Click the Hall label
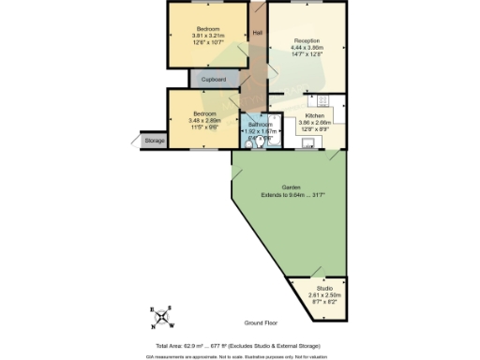click(x=258, y=34)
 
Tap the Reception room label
click(x=307, y=41)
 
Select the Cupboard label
click(x=213, y=81)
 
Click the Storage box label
click(x=154, y=141)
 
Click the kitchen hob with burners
click(x=324, y=100)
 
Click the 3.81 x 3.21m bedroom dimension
click(x=201, y=35)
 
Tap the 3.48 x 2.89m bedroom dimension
click(x=200, y=119)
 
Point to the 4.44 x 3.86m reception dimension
click(x=307, y=48)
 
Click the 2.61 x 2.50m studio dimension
click(x=324, y=295)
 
